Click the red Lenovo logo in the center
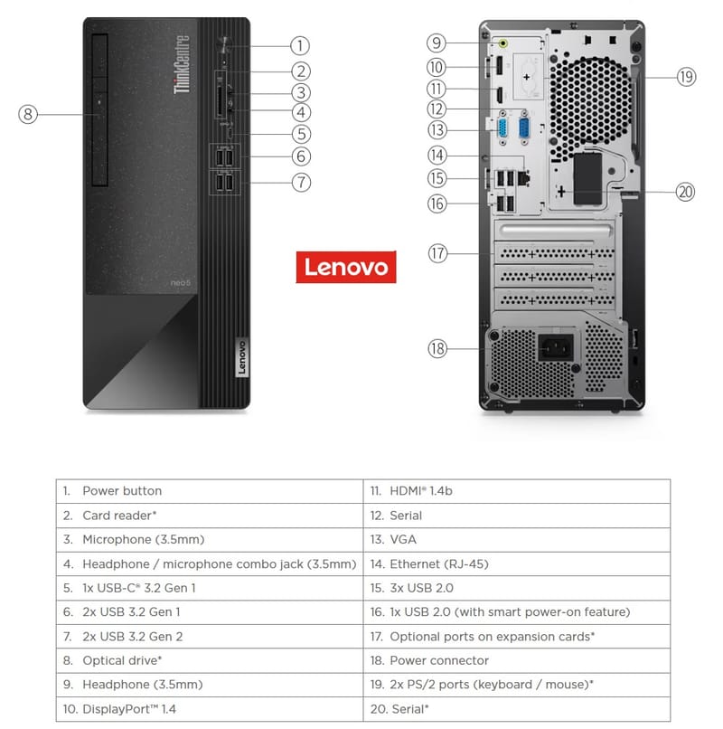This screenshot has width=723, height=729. [x=345, y=267]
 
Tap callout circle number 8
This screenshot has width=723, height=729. [x=29, y=114]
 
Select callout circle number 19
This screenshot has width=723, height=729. [x=687, y=77]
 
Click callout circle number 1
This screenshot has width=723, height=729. [x=300, y=44]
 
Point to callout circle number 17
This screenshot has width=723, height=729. [x=438, y=254]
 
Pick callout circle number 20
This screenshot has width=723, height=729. [x=687, y=191]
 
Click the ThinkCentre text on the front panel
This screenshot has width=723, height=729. [x=182, y=64]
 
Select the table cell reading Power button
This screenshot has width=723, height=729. [x=122, y=491]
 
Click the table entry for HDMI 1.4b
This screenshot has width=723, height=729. [x=421, y=491]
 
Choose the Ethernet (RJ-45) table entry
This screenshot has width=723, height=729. [x=439, y=564]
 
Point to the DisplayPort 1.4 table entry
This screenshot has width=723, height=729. [x=129, y=709]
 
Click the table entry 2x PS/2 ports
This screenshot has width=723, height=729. [x=491, y=685]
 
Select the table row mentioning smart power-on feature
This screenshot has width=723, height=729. [x=510, y=612]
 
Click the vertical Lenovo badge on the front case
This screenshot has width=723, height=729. [x=240, y=357]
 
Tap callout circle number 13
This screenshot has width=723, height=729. [x=438, y=129]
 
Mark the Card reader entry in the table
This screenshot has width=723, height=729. [x=119, y=516]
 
